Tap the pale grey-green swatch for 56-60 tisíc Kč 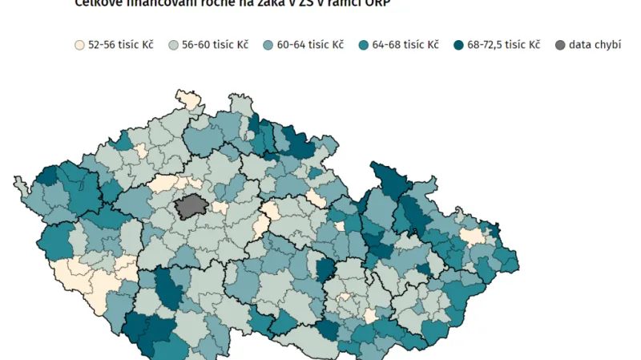[174, 45]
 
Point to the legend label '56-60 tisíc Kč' [215, 45]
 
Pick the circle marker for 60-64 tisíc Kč [269, 45]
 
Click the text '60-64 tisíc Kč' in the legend [310, 45]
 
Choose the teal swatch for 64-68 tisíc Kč [365, 45]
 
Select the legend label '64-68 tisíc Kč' [405, 45]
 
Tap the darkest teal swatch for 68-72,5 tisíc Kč [459, 45]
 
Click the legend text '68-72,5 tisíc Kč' [503, 45]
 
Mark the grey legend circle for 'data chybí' [559, 45]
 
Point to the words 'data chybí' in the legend [595, 45]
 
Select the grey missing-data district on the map [190, 206]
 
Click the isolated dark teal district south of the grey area [169, 288]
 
